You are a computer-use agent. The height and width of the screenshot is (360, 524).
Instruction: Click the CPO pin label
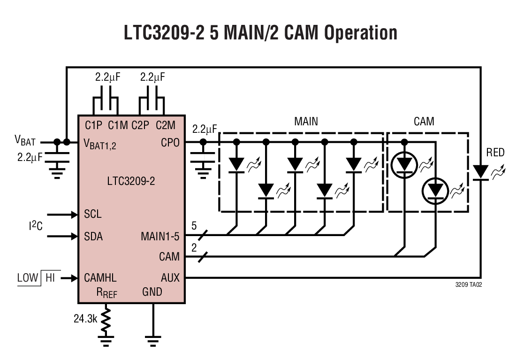(170, 142)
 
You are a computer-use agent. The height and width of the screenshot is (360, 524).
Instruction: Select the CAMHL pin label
(100, 277)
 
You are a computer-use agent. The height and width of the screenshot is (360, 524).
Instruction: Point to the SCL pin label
(92, 214)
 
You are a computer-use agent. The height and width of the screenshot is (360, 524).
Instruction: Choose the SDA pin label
(93, 236)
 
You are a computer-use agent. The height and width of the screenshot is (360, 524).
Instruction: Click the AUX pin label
(170, 277)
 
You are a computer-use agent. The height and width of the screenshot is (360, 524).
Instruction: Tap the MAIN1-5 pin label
(160, 236)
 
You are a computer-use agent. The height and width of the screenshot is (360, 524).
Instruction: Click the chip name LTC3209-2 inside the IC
(130, 181)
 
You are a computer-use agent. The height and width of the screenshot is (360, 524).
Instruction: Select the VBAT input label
(24, 140)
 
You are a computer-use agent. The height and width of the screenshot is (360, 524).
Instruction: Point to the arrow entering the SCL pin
(61, 214)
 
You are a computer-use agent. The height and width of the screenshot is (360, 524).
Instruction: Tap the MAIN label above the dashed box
(306, 122)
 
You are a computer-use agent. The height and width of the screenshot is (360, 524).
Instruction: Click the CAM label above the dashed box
(424, 122)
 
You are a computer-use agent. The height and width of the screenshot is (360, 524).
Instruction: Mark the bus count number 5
(194, 226)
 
